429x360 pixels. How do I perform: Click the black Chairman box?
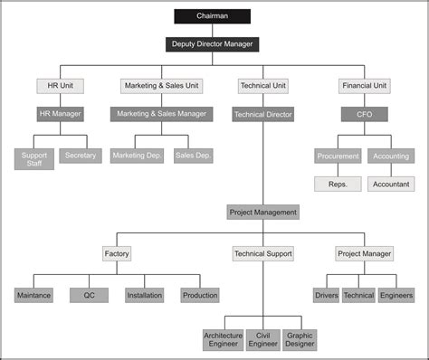[213, 15]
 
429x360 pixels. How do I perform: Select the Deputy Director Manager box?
[214, 43]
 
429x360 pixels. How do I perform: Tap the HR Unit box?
[61, 86]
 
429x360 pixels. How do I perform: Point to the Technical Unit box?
[262, 86]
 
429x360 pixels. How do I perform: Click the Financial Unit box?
[365, 86]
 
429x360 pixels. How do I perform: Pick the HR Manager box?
[61, 114]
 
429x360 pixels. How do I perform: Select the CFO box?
[365, 114]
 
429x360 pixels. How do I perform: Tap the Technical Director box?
[262, 115]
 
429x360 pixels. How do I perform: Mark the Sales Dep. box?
[193, 156]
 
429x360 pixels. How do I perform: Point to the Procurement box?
[338, 156]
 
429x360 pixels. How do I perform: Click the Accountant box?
[391, 184]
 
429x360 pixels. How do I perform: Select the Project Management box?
[262, 212]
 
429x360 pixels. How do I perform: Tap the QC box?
[89, 295]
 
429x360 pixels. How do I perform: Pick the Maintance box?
[34, 295]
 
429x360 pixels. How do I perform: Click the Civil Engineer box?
[262, 339]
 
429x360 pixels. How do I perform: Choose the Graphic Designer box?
[300, 339]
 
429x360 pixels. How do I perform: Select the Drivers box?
[326, 295]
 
